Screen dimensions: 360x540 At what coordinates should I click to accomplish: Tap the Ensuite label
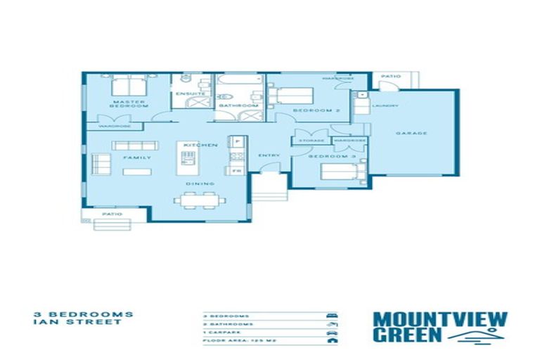pos(191,94)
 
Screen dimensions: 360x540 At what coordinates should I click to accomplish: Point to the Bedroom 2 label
pos(307,111)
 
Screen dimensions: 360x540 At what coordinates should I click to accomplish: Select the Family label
pos(138,157)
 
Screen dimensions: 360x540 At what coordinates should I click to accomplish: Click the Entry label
pos(270,155)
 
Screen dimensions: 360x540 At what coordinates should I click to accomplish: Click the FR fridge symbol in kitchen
pos(236,170)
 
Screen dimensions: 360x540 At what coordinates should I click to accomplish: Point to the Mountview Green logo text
pos(439,327)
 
